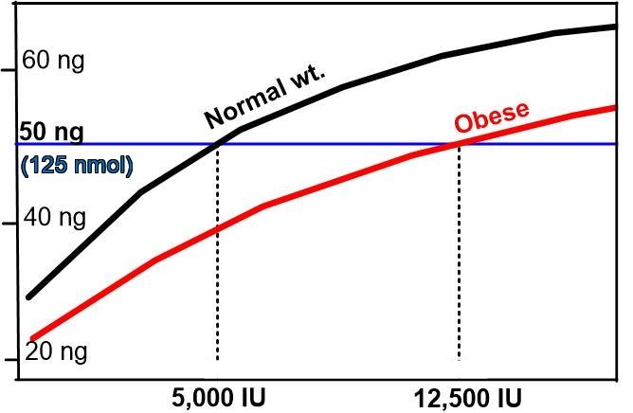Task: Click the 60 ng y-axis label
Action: (x=52, y=62)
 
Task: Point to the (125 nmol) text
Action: (x=76, y=164)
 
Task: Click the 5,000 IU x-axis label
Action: (x=218, y=395)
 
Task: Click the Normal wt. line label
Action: (x=264, y=99)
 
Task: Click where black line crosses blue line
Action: (x=218, y=144)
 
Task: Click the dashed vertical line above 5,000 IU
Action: (x=218, y=284)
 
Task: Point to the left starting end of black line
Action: (x=28, y=296)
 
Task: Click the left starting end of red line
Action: (x=32, y=338)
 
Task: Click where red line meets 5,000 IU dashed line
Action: (x=218, y=229)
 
